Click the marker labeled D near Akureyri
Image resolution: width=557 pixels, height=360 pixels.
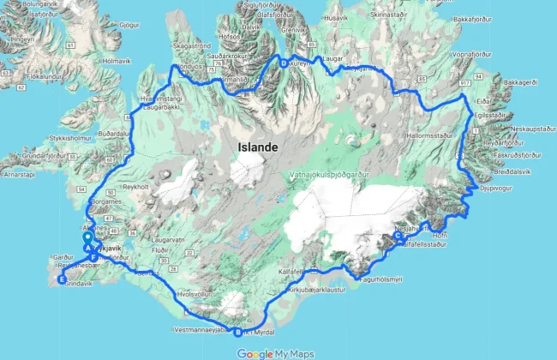click(283, 62)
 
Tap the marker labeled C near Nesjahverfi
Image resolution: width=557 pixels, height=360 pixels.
click(398, 237)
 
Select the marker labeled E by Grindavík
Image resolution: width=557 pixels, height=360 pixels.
click(61, 279)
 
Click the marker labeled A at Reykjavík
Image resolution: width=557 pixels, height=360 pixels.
click(87, 248)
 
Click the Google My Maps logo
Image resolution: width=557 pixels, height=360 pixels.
click(275, 353)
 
